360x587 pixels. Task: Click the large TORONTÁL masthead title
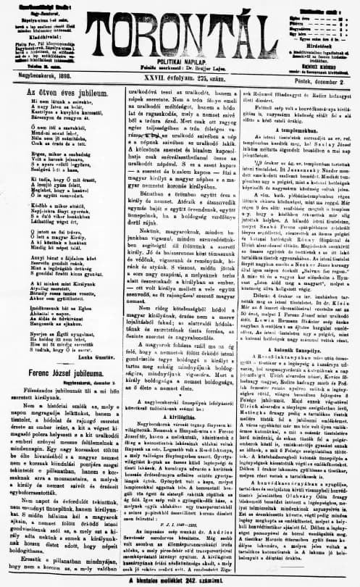click(182, 22)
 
